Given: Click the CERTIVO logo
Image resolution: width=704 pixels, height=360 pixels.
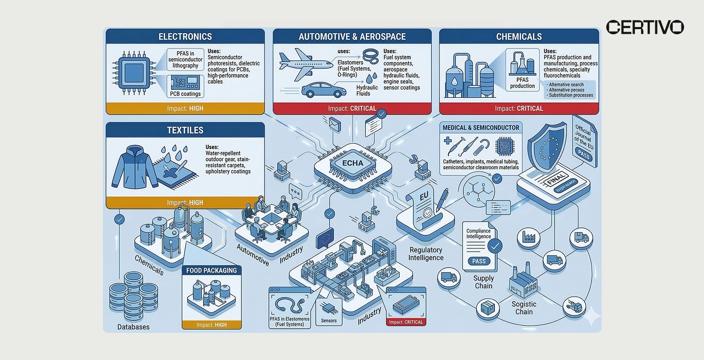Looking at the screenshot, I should [x=645, y=27].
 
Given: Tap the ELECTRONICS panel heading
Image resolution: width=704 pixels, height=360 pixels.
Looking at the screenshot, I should [x=185, y=37].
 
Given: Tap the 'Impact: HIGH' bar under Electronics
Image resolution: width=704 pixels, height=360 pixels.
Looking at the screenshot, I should [x=185, y=108].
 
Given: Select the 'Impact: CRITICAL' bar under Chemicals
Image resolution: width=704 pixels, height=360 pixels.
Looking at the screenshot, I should [x=519, y=108].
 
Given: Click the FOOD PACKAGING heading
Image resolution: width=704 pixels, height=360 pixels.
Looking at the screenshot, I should [x=211, y=270].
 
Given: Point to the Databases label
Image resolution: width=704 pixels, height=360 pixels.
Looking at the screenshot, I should [x=134, y=327].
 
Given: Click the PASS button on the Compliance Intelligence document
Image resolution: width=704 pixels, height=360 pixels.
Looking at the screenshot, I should [x=479, y=261].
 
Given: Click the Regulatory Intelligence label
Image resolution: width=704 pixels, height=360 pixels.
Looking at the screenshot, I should [x=425, y=254].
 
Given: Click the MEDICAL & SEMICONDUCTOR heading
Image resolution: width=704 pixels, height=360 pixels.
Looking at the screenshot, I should [x=480, y=127].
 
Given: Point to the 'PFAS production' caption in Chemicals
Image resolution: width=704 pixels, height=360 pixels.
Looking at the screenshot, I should [x=522, y=83].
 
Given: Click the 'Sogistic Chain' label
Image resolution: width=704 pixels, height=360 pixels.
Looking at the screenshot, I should [x=524, y=308].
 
